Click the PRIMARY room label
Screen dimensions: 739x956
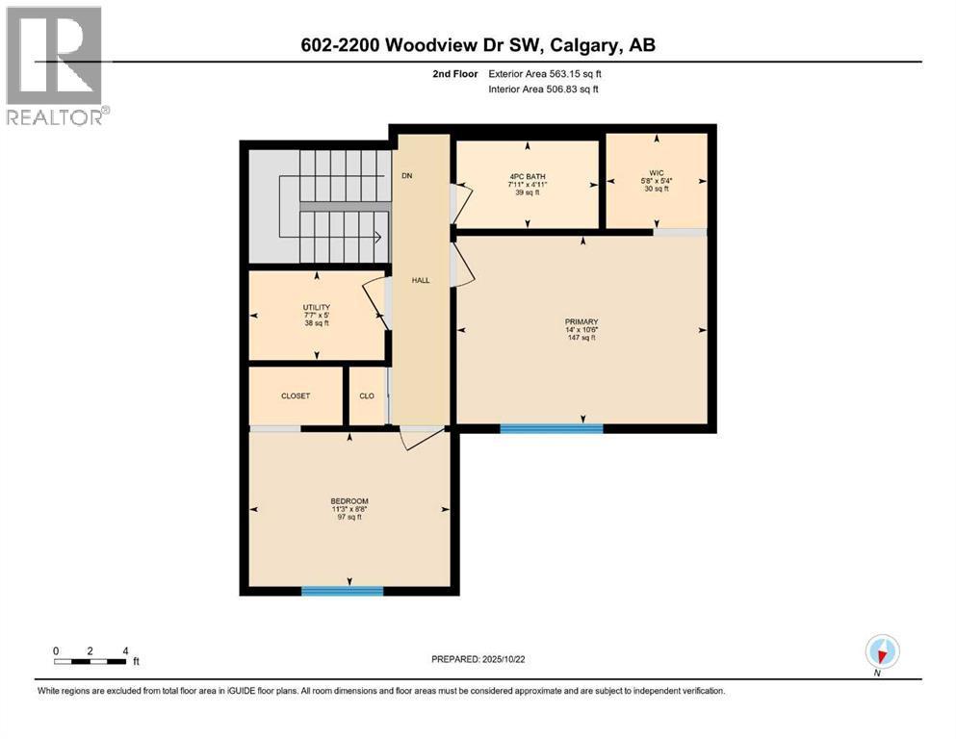coord(581,321)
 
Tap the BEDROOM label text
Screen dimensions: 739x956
coord(349,500)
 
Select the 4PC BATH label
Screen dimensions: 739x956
coord(527,175)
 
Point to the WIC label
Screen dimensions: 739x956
coord(657,173)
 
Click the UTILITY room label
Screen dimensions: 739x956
coord(317,307)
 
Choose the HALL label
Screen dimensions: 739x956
coord(421,280)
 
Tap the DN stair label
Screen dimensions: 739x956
coord(406,176)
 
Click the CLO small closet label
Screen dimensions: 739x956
coord(367,395)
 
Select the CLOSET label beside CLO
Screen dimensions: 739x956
coord(296,395)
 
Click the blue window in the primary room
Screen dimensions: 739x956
coord(551,428)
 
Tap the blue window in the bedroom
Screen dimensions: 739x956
coord(342,591)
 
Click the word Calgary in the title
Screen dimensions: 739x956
coord(585,45)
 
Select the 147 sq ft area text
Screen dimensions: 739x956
coord(581,339)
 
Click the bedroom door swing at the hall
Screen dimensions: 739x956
coord(422,438)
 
